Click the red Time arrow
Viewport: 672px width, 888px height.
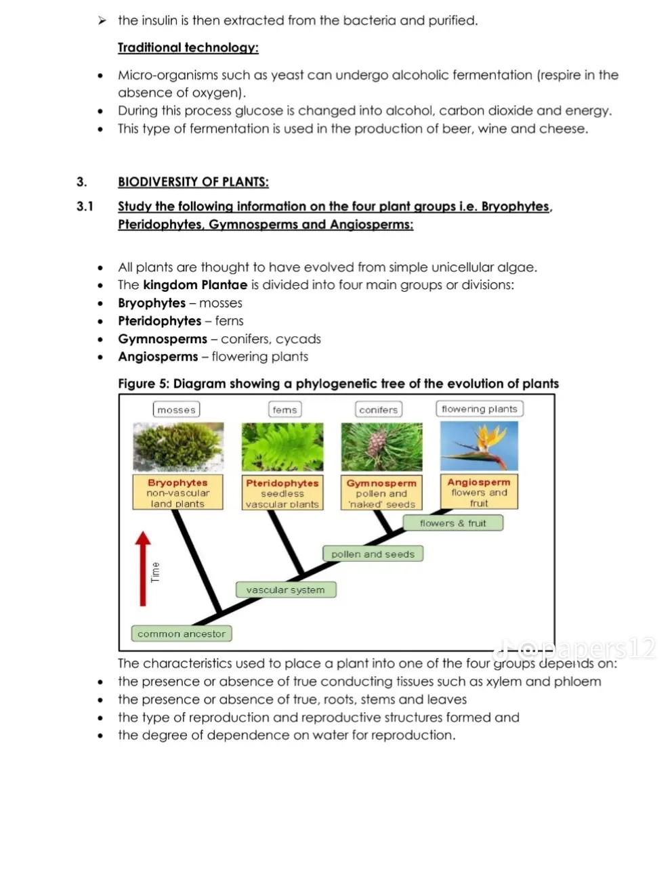click(142, 569)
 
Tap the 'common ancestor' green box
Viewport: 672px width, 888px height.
click(181, 634)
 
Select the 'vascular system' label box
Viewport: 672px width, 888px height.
click(285, 590)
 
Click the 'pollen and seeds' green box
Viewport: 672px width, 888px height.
click(373, 554)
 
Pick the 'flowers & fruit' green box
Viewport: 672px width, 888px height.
click(453, 523)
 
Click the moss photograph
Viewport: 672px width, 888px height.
click(178, 447)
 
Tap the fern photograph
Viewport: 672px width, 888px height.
click(282, 447)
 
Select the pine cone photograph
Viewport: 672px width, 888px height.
click(381, 447)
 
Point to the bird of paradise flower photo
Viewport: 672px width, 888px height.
click(479, 446)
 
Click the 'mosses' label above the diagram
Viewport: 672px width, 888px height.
click(176, 409)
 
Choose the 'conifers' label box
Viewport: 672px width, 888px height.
click(379, 409)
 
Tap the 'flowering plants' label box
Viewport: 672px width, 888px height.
click(479, 409)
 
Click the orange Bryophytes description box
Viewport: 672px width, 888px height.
click(177, 493)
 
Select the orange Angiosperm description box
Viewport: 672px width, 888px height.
click(479, 492)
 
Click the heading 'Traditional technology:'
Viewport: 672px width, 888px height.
click(188, 47)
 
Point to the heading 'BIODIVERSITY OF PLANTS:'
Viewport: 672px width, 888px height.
click(193, 182)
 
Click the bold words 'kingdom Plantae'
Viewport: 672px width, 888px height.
click(195, 285)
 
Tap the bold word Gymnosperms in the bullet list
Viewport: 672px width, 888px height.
click(163, 339)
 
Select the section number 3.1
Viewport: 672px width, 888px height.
click(85, 206)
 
